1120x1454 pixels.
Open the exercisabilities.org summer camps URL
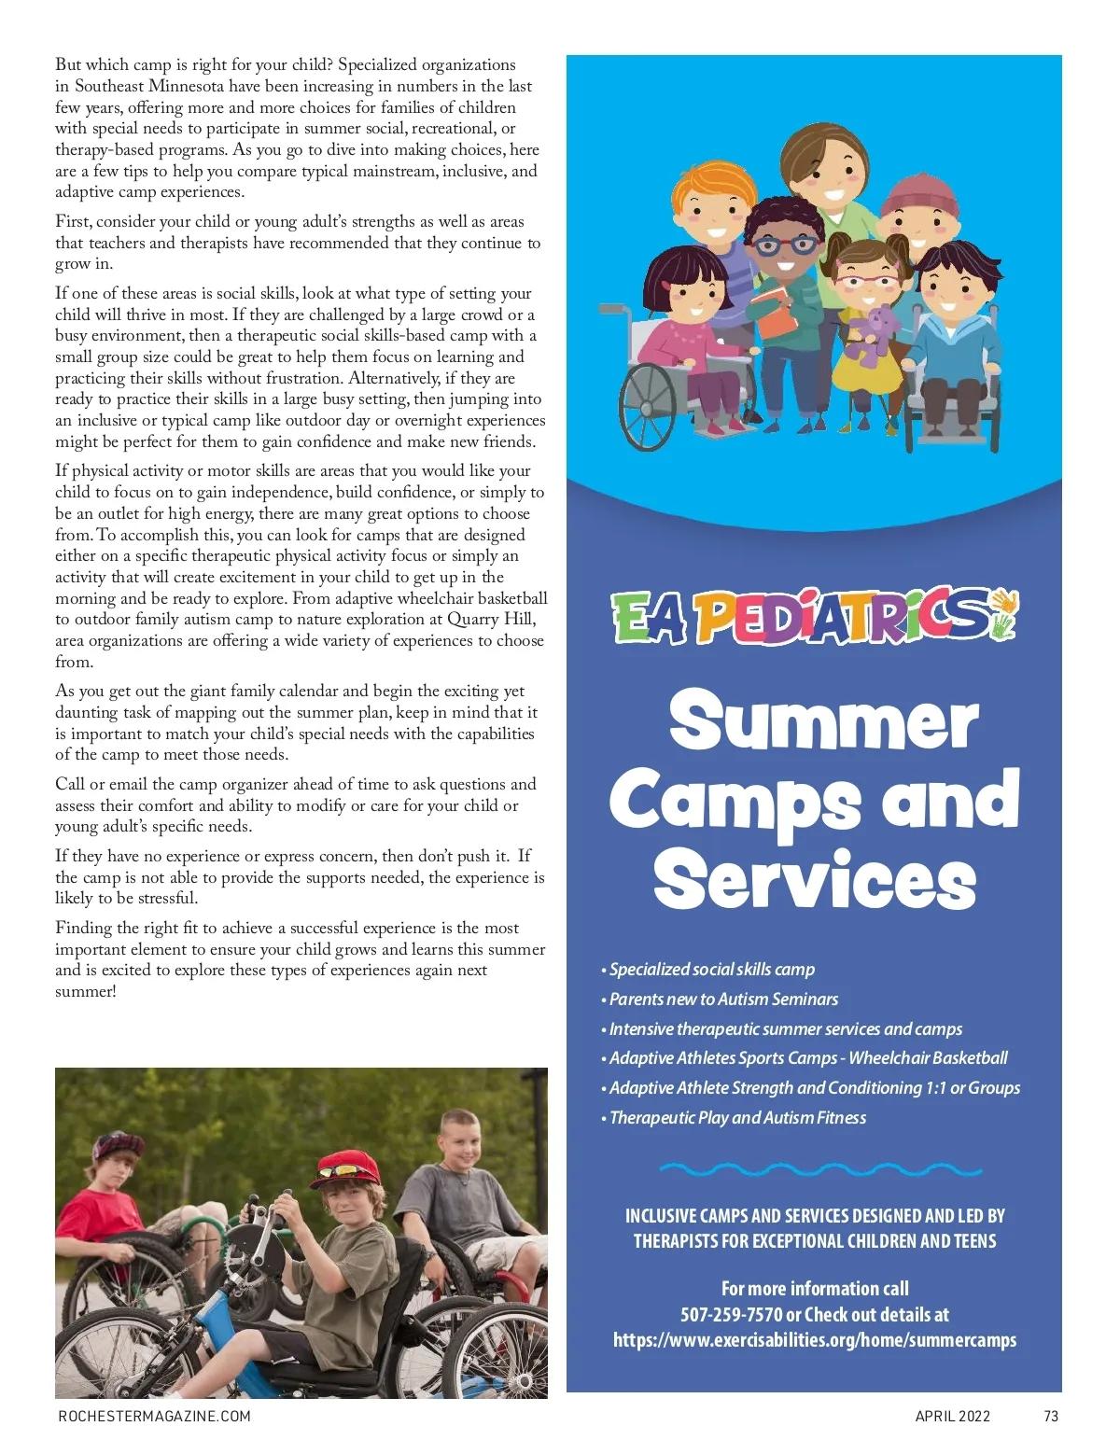tap(814, 1340)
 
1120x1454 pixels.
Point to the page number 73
tap(1051, 1416)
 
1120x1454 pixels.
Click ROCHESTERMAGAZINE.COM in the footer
tap(154, 1416)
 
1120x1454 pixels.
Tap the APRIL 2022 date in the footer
tap(952, 1416)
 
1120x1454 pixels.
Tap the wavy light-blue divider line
tap(820, 1167)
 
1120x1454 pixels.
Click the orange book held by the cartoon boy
tap(775, 313)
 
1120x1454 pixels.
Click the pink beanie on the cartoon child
tap(919, 198)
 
